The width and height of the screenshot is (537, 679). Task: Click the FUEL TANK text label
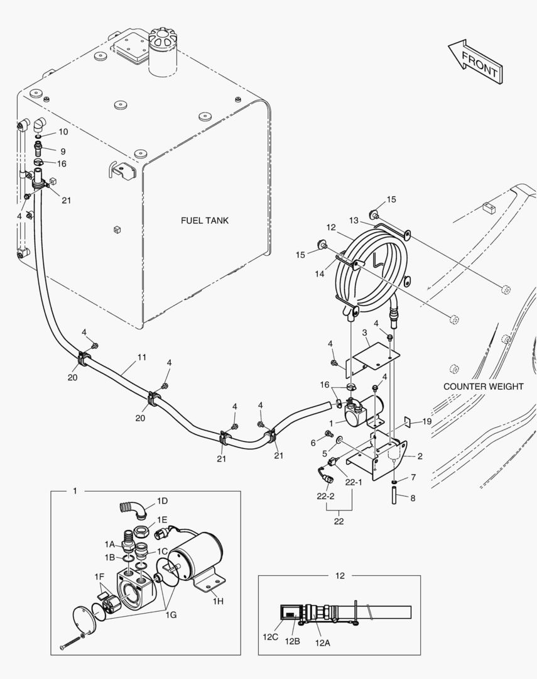pos(205,221)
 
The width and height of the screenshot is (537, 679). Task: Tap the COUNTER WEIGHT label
pos(483,387)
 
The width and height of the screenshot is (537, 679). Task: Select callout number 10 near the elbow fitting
pos(63,132)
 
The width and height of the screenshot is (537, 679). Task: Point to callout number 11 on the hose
pos(142,357)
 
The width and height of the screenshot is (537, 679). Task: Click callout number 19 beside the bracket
pos(427,421)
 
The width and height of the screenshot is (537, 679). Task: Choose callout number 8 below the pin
pos(412,498)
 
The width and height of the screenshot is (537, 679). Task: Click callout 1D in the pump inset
pos(162,501)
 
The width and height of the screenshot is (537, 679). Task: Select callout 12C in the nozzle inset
pos(269,636)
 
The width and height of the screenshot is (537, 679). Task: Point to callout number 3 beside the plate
pos(364,332)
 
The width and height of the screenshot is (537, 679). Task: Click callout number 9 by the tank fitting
pos(63,151)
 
